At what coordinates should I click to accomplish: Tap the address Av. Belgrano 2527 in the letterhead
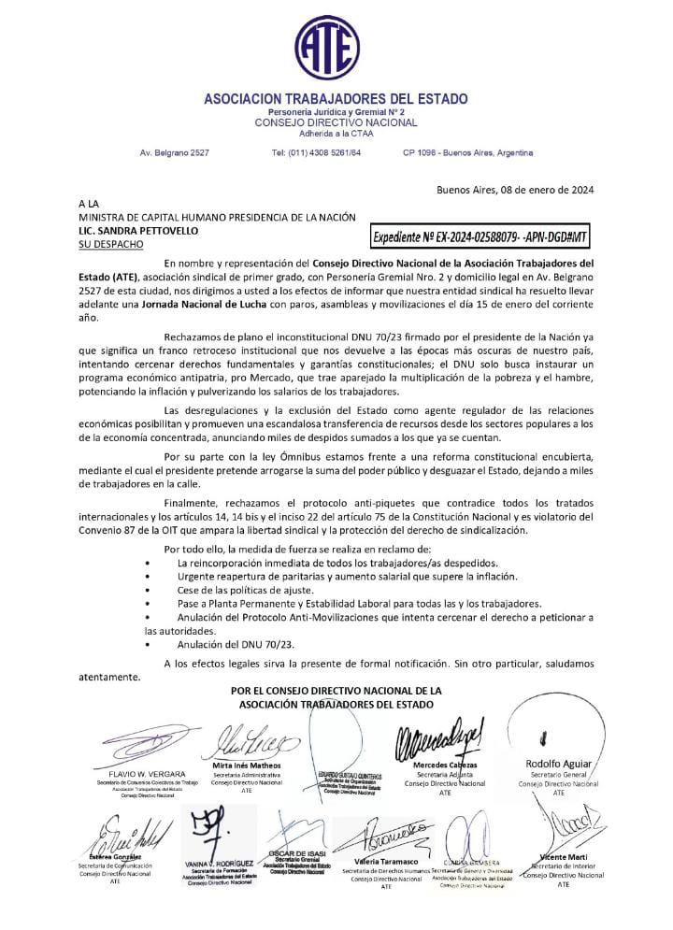pos(174,152)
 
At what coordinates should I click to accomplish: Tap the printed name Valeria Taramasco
pos(385,861)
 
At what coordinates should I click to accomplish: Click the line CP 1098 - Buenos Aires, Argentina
pos(467,152)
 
